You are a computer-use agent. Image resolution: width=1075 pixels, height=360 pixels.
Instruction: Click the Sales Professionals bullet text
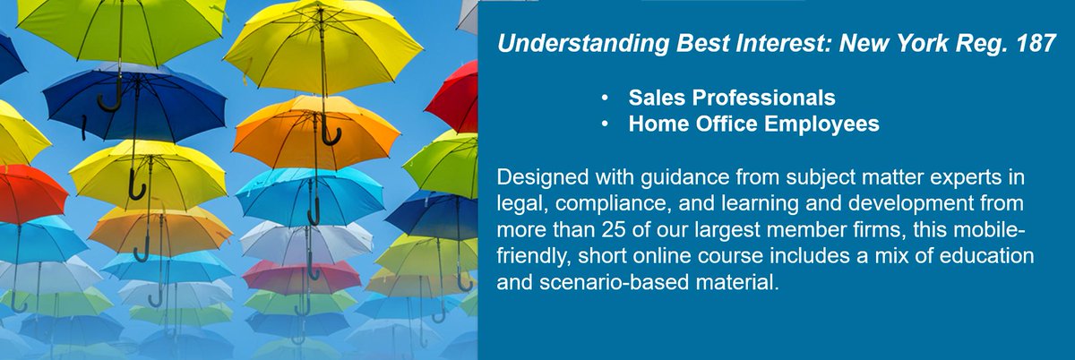[732, 97]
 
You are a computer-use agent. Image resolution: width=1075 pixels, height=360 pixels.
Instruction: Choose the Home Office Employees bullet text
[753, 124]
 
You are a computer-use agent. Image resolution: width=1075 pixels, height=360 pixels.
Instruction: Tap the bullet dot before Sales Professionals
[607, 97]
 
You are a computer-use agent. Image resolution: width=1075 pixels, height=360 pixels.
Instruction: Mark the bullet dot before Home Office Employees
[607, 124]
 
